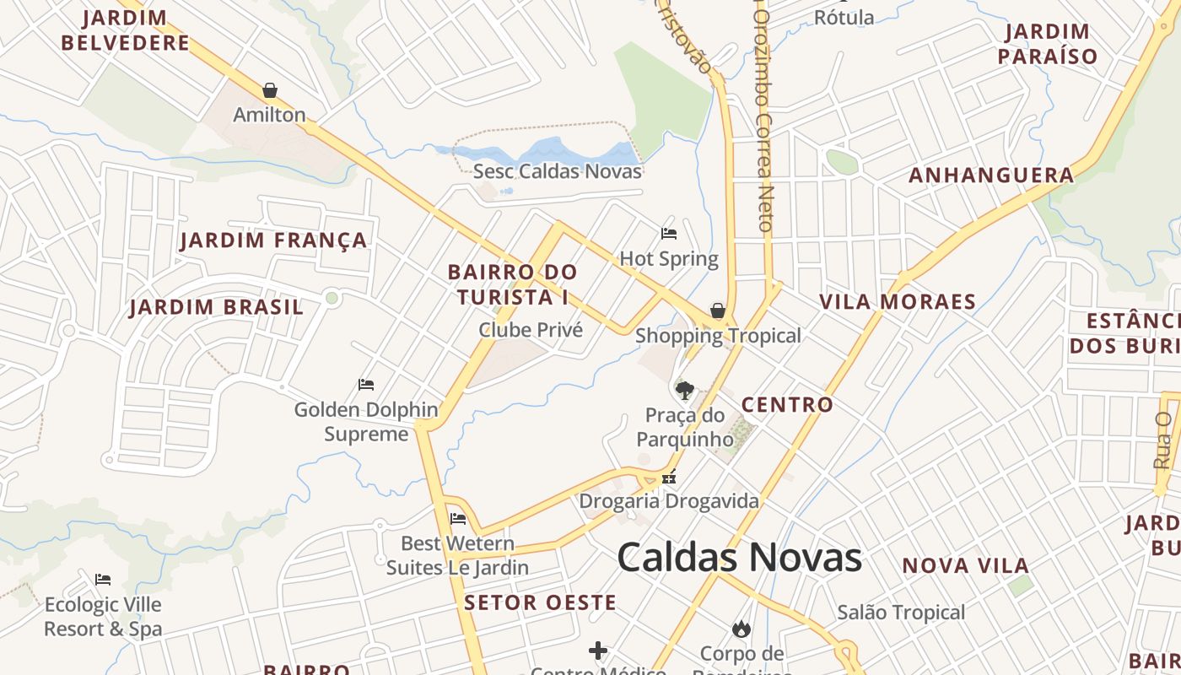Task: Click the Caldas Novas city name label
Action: coord(739,558)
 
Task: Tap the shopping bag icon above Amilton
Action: coord(270,89)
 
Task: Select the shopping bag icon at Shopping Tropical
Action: coord(718,310)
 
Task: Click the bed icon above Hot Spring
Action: coord(669,233)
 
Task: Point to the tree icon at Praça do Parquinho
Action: coord(684,390)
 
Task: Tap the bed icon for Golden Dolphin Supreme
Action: coord(366,385)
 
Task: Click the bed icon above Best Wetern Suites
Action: coord(458,518)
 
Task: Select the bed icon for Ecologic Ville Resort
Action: coord(103,580)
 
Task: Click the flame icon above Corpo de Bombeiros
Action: coord(741,629)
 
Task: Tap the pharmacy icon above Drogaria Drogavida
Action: coord(669,477)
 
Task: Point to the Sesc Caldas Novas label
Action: coord(558,171)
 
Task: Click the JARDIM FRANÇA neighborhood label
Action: coord(274,240)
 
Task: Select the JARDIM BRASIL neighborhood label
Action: coord(216,307)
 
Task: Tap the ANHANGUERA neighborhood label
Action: coord(991,175)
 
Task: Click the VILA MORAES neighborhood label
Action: coord(898,302)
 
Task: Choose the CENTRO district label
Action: coord(787,405)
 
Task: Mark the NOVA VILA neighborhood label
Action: coord(966,565)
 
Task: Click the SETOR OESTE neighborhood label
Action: coord(540,602)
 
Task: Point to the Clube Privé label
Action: coord(531,330)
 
